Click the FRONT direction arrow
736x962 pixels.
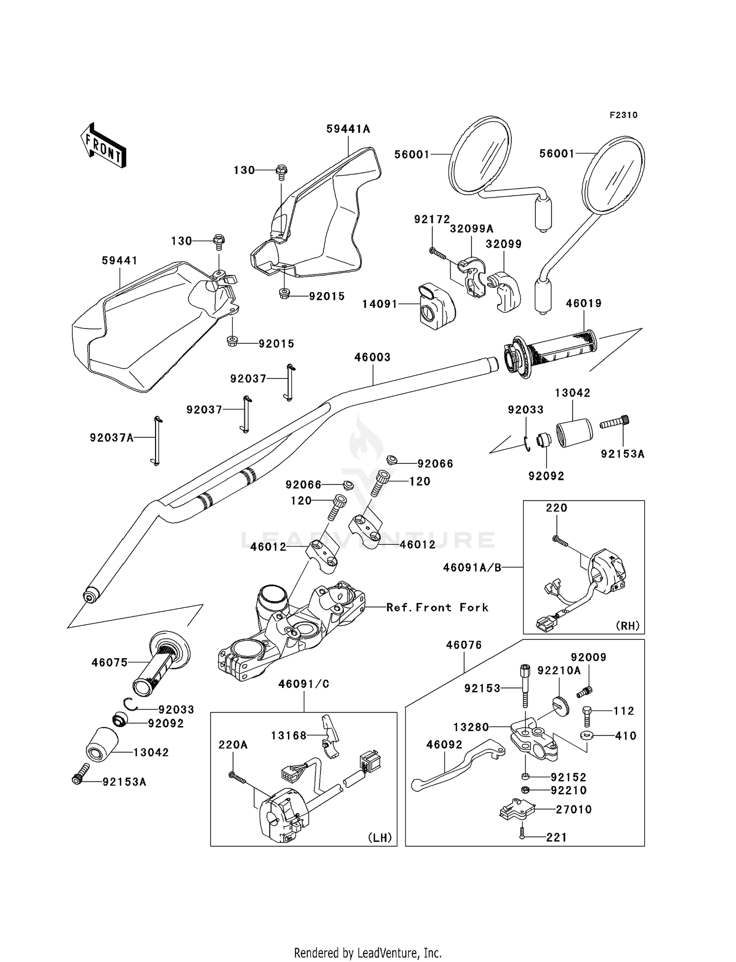[104, 145]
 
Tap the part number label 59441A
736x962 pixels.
[348, 129]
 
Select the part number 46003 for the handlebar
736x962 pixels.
[372, 357]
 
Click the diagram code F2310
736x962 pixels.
[624, 115]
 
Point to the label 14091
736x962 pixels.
[380, 304]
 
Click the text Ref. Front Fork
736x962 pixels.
[437, 608]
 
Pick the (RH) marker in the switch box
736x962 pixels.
[627, 626]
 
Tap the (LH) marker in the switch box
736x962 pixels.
[380, 837]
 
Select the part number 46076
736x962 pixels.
[464, 645]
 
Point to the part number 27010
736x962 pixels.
[574, 810]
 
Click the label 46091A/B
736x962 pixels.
[472, 567]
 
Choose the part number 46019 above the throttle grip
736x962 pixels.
[583, 304]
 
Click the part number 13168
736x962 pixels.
[289, 735]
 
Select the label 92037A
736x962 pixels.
[112, 437]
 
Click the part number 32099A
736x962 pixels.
[472, 228]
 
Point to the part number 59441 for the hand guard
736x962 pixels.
[120, 260]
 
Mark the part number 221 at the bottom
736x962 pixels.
[556, 837]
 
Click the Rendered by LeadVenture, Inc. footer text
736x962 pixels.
[368, 953]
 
